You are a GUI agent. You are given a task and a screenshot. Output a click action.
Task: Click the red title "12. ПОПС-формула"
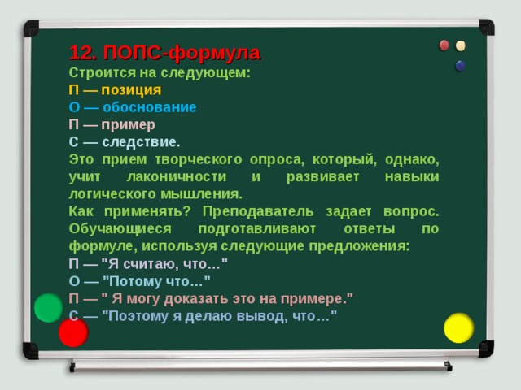(164, 54)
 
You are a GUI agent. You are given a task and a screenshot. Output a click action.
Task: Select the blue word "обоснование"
(149, 107)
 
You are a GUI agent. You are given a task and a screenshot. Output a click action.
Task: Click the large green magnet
(50, 308)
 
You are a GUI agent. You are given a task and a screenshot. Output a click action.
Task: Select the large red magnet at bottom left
(73, 332)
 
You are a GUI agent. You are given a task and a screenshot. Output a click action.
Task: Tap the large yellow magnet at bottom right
(458, 327)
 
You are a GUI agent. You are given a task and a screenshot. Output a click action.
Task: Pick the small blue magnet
(460, 64)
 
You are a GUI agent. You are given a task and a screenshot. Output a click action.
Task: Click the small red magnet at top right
(445, 45)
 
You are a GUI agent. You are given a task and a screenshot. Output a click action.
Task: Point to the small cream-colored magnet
(461, 45)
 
